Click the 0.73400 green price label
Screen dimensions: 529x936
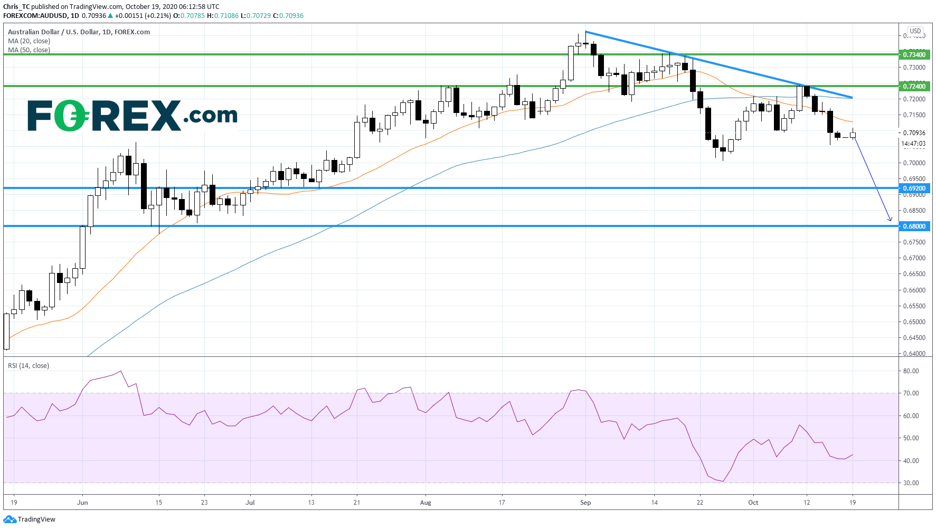914,54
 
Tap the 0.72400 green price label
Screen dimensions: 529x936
914,86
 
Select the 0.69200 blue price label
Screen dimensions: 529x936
914,188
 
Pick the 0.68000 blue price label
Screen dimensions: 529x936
914,226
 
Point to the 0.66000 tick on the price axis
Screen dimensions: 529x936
914,290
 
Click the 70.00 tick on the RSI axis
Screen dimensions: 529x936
911,393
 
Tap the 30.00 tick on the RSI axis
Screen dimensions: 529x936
911,483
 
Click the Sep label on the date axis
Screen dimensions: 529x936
585,503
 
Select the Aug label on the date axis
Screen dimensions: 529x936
426,503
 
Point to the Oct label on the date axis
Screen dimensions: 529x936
753,503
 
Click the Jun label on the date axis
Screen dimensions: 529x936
82,503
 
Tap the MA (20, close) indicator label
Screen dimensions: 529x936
29,41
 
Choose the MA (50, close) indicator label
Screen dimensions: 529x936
29,50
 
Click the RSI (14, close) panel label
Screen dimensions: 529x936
29,366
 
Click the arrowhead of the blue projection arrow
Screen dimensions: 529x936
891,220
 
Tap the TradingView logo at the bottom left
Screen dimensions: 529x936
30,519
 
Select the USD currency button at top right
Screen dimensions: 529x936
915,31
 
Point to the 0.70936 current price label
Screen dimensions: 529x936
914,133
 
